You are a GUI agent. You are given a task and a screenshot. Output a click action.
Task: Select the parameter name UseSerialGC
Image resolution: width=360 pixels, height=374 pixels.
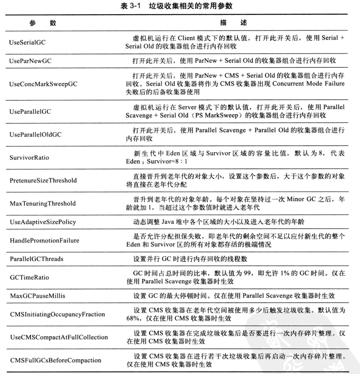point(25,42)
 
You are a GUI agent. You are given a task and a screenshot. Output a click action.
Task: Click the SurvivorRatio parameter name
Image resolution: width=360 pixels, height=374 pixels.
point(26,158)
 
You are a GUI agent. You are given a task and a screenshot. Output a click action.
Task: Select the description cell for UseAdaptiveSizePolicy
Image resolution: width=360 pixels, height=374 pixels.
point(213,222)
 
